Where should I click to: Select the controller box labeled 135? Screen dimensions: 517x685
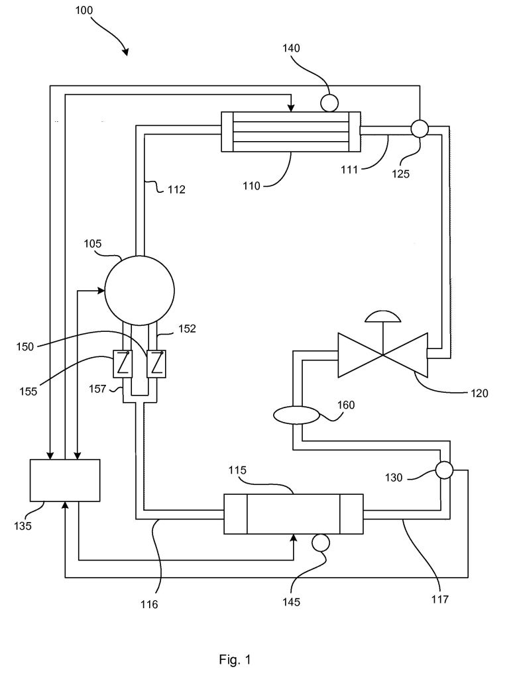pyautogui.click(x=65, y=480)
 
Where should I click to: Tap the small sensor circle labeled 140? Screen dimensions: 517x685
pyautogui.click(x=329, y=103)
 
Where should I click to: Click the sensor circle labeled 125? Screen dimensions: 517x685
pyautogui.click(x=420, y=129)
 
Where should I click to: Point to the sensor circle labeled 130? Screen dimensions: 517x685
pyautogui.click(x=444, y=470)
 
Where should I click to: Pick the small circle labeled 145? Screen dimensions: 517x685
pyautogui.click(x=320, y=543)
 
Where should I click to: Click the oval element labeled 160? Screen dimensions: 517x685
pyautogui.click(x=296, y=415)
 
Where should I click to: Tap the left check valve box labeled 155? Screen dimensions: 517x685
pyautogui.click(x=123, y=364)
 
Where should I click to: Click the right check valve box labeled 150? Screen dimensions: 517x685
pyautogui.click(x=156, y=364)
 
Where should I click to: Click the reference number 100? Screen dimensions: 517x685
pyautogui.click(x=84, y=10)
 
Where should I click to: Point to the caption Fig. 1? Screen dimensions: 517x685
pyautogui.click(x=235, y=659)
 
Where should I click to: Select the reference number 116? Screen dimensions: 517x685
pyautogui.click(x=149, y=604)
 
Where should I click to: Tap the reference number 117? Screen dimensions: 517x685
pyautogui.click(x=439, y=599)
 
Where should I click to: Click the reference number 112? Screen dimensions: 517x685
pyautogui.click(x=176, y=189)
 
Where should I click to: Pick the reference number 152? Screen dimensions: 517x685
pyautogui.click(x=187, y=329)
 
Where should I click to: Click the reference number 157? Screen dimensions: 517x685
pyautogui.click(x=97, y=388)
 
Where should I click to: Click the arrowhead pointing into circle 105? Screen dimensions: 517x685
pyautogui.click(x=101, y=290)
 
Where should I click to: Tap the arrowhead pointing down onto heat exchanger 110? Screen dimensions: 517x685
pyautogui.click(x=291, y=108)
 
